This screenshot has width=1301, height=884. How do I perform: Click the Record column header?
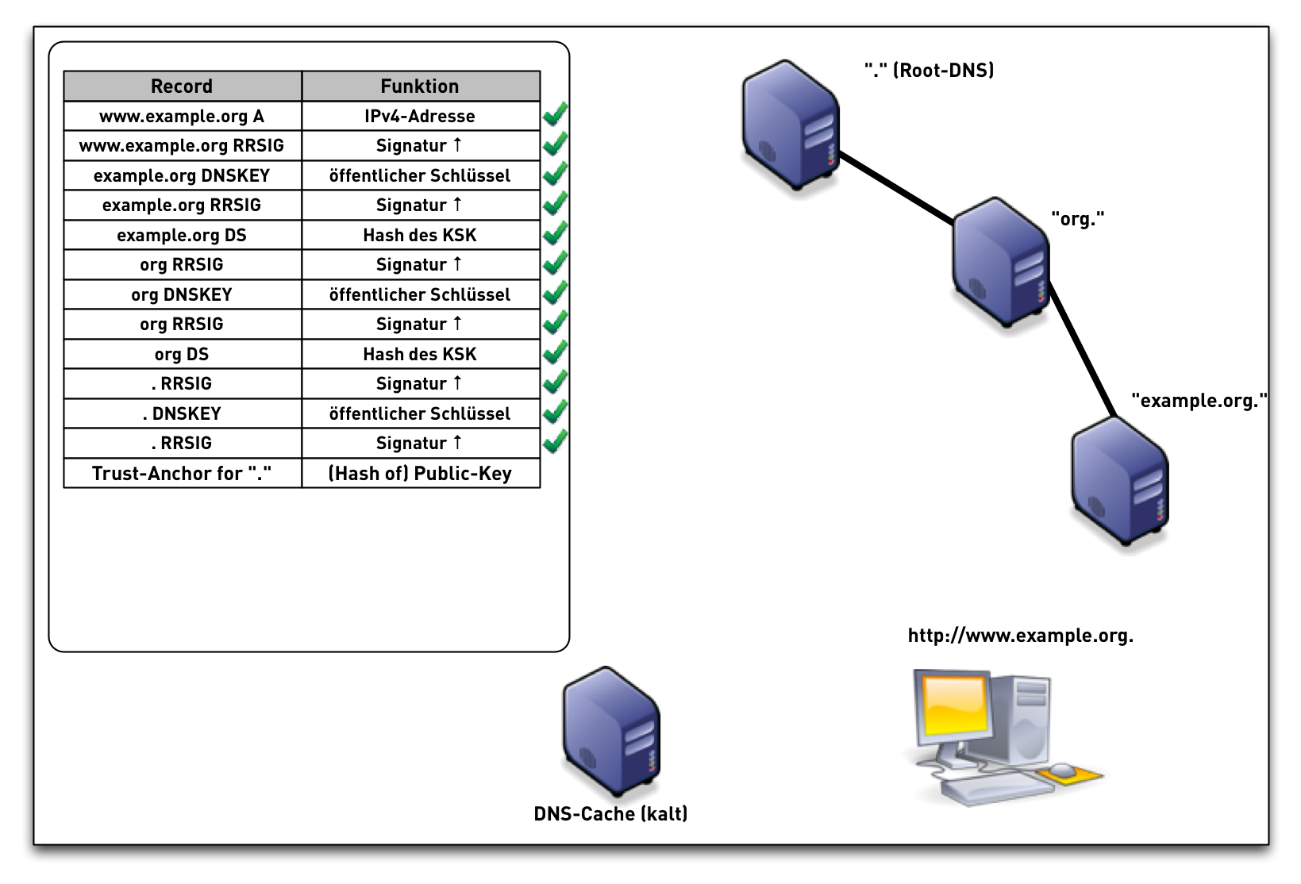(182, 86)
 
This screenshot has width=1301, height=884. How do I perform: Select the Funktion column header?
(420, 86)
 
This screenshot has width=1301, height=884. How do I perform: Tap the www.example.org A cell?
(182, 117)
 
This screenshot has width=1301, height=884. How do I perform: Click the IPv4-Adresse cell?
(420, 117)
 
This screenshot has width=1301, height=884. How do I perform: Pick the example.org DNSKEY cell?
(182, 176)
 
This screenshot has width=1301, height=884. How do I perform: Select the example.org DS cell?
(182, 236)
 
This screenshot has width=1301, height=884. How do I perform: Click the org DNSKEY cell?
(182, 295)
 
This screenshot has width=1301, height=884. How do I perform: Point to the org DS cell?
(182, 355)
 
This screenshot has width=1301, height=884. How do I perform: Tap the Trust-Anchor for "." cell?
(182, 474)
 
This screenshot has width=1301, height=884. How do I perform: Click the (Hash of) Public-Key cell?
(420, 474)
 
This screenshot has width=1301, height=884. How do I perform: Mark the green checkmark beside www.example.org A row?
(555, 116)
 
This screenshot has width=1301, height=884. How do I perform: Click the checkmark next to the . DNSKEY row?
(555, 413)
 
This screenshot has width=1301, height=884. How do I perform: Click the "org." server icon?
(1001, 262)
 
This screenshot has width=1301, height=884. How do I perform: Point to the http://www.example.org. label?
(1020, 636)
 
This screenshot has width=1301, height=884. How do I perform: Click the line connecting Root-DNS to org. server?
(897, 189)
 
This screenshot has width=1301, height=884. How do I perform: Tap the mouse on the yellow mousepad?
(1062, 771)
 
